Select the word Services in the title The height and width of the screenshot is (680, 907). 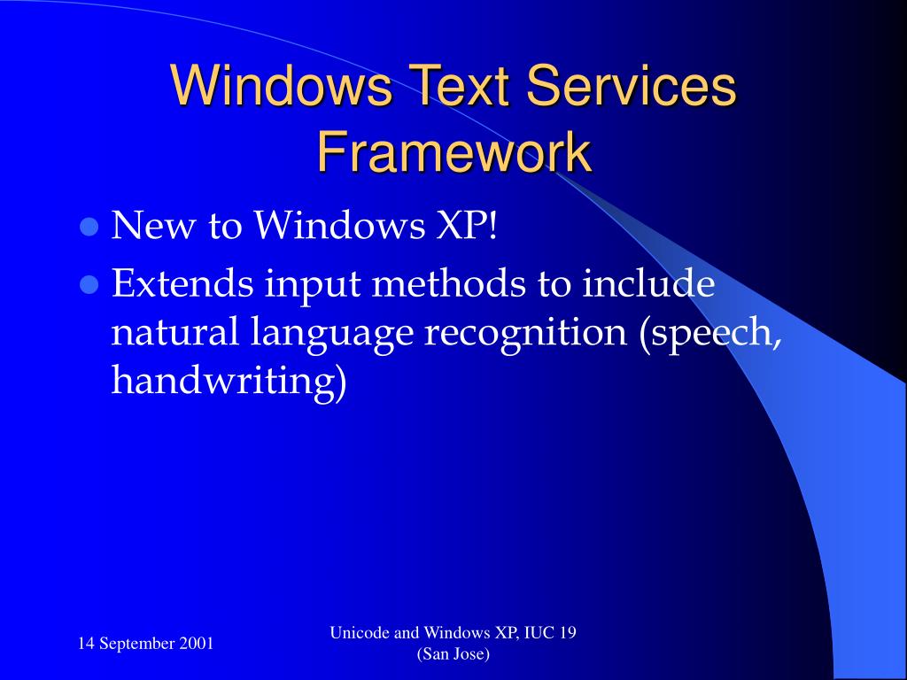pos(631,87)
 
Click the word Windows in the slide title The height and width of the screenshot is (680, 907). pos(282,87)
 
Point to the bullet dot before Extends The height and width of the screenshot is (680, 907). pos(88,285)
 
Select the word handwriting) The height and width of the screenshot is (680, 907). pos(228,382)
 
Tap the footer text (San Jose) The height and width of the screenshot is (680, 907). pos(453,654)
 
